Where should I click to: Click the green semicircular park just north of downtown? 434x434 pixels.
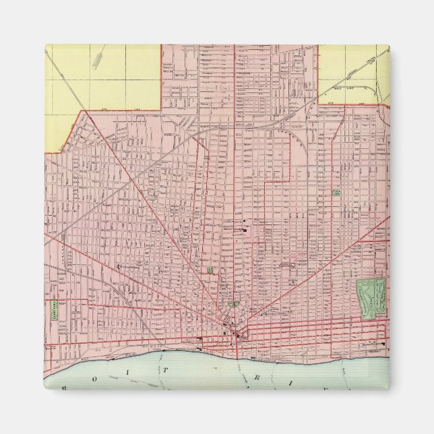[x=234, y=304]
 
